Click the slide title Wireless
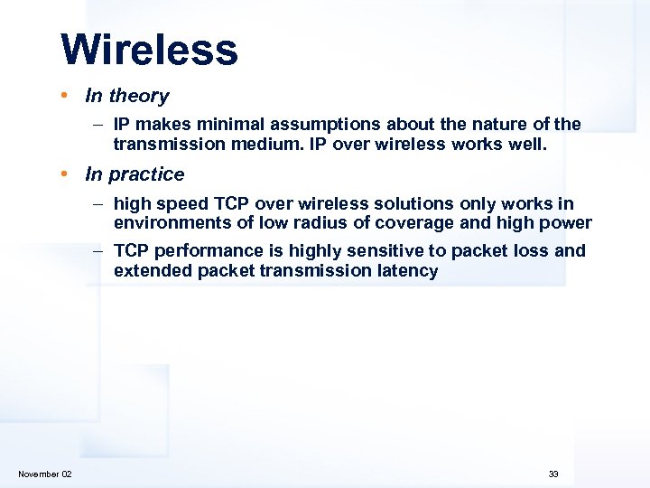point(149,50)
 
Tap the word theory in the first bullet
point(139,96)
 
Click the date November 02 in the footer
point(45,474)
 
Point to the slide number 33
point(553,474)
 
